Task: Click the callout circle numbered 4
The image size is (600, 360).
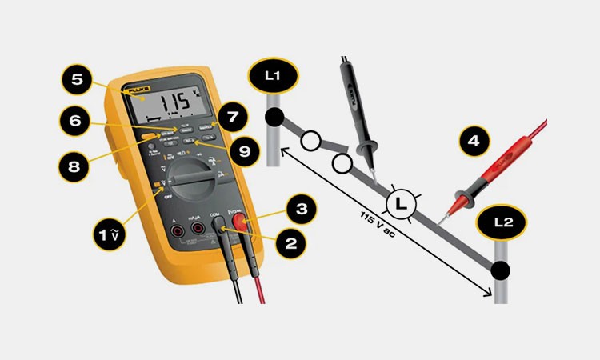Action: pos(474,142)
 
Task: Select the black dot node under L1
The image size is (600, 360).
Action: pos(274,119)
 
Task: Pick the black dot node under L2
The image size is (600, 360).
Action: pos(500,270)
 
